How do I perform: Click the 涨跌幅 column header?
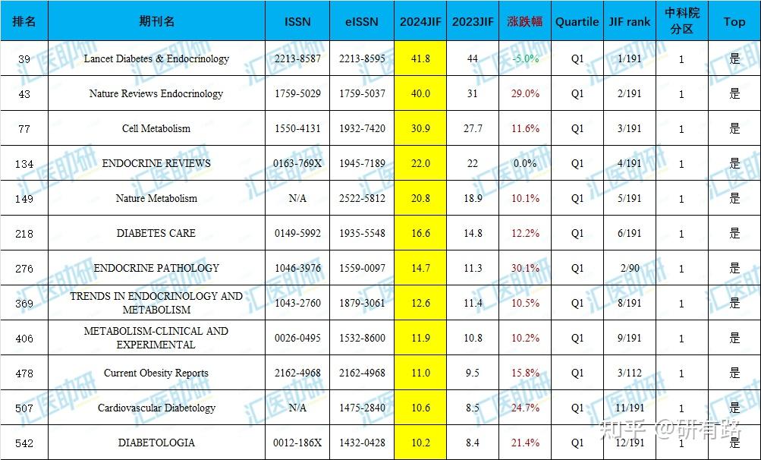[524, 22]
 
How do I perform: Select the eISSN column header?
[362, 22]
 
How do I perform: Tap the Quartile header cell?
[577, 22]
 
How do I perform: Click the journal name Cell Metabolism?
[156, 129]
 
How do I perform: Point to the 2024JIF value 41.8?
[420, 58]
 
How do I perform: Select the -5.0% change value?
[525, 58]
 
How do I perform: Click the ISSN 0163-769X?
[297, 164]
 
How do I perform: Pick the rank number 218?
[24, 234]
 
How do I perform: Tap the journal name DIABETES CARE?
[156, 233]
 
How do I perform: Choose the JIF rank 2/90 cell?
[630, 268]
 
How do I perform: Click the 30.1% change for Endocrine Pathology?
[525, 268]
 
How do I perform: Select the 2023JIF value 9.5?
[472, 373]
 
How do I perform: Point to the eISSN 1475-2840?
[362, 408]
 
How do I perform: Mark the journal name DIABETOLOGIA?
[156, 443]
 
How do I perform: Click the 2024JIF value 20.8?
[420, 198]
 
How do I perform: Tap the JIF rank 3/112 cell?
[630, 373]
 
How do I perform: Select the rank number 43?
[24, 94]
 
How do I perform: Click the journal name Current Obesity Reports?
[156, 373]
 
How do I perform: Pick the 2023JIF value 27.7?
[473, 129]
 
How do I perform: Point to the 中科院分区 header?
[682, 21]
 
